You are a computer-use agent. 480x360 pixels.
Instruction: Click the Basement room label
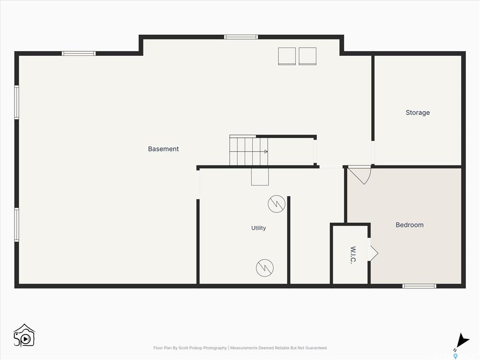(x=163, y=149)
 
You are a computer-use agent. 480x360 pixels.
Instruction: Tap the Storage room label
(x=418, y=112)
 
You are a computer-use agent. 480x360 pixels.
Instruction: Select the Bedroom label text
(x=410, y=225)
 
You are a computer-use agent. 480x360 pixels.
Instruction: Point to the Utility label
(x=258, y=228)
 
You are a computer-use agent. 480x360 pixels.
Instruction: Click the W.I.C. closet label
(x=353, y=255)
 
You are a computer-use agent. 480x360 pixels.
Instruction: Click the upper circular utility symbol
(x=277, y=204)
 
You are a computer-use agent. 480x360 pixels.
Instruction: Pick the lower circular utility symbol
(x=265, y=268)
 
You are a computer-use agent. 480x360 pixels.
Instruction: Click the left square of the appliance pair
(x=287, y=56)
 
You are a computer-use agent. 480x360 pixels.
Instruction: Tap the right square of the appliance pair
(x=307, y=56)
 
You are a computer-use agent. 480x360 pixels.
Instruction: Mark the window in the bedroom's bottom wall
(x=419, y=286)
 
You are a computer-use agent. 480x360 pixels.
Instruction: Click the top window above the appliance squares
(x=241, y=37)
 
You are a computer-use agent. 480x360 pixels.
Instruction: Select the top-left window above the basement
(x=79, y=53)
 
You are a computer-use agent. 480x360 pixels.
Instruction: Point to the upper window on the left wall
(x=16, y=102)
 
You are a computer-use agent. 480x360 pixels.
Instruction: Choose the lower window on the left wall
(x=16, y=225)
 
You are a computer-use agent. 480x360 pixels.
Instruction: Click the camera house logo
(x=24, y=336)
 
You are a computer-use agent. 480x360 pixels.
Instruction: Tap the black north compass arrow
(x=462, y=340)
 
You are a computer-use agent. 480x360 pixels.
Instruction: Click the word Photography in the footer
(x=215, y=348)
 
